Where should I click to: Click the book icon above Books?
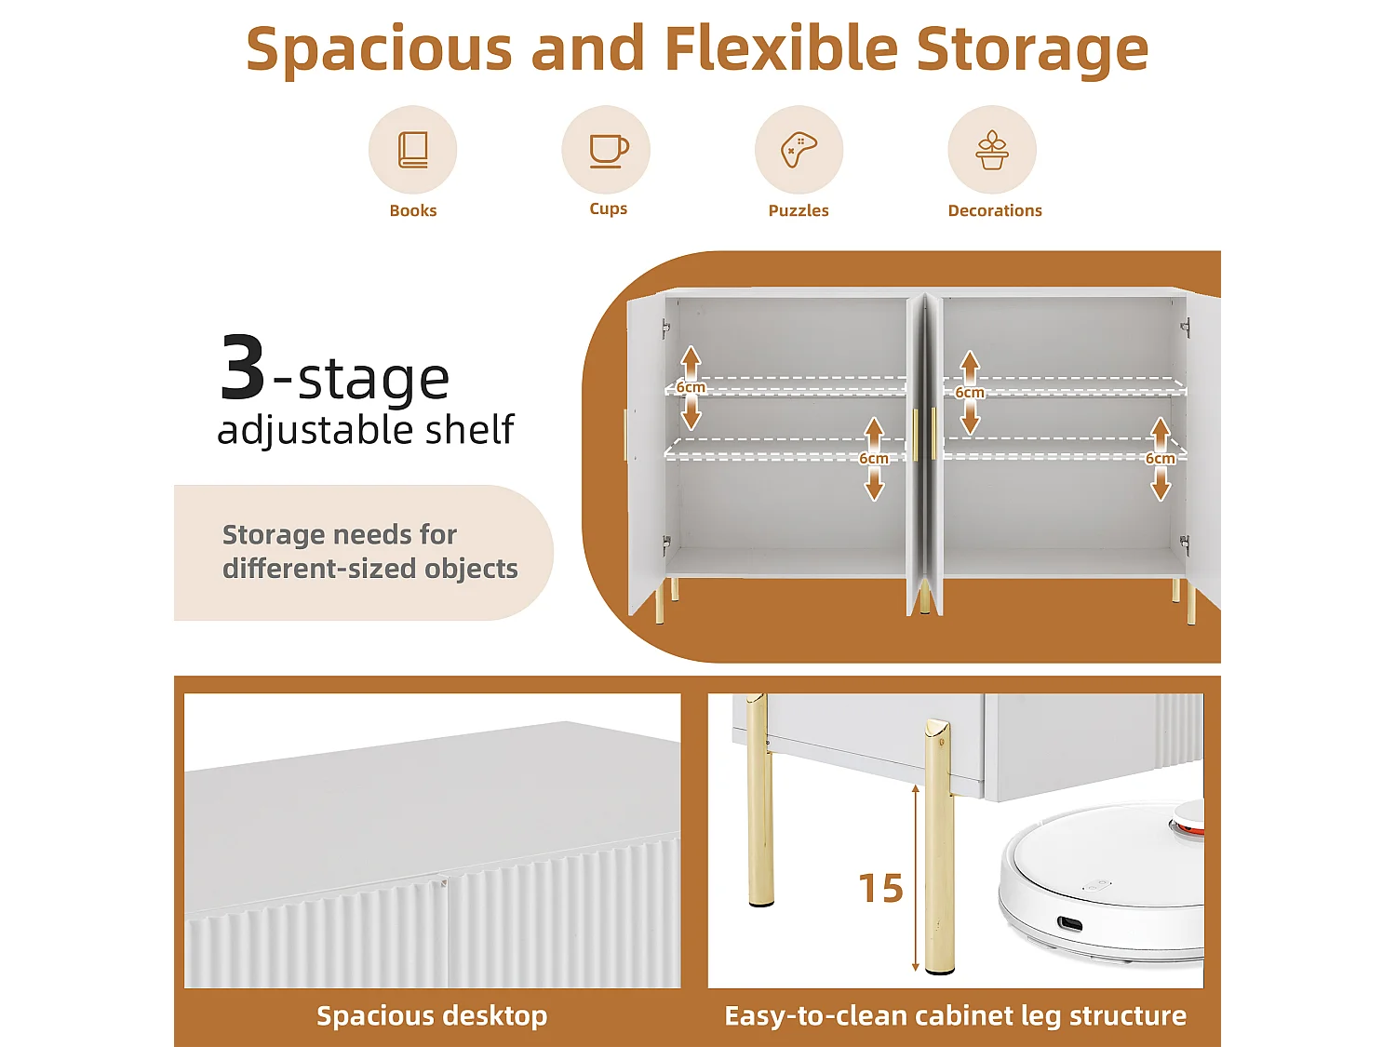(x=413, y=150)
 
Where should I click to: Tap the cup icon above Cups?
(x=609, y=152)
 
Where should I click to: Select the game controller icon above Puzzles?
(x=799, y=150)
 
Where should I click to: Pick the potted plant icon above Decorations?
(x=992, y=150)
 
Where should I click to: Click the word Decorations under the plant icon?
(x=995, y=210)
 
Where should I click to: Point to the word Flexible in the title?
(x=781, y=48)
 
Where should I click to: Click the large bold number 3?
(x=242, y=367)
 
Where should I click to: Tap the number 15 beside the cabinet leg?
(x=880, y=888)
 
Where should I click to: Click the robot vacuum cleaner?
(x=1101, y=878)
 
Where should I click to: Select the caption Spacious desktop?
(x=432, y=1016)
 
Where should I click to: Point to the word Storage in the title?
(x=1032, y=49)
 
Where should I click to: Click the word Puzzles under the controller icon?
(x=799, y=210)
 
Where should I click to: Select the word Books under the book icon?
(x=413, y=210)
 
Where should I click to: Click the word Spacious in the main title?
(x=379, y=49)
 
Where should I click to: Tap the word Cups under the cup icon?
(x=608, y=209)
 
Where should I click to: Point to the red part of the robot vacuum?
(x=1187, y=826)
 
